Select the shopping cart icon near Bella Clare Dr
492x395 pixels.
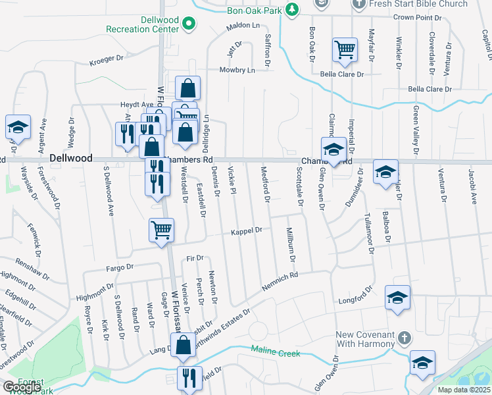pos(345,50)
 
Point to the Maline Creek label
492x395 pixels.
pos(275,354)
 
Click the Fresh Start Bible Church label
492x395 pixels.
pos(428,4)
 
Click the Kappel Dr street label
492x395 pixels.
pos(247,230)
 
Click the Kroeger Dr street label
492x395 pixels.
pos(107,59)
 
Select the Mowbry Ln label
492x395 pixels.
pos(236,69)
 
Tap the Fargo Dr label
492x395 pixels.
pos(120,268)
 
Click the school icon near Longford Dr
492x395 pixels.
pos(397,298)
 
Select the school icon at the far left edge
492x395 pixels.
pos(18,127)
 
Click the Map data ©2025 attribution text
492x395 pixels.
pos(463,390)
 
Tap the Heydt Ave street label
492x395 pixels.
pos(136,104)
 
